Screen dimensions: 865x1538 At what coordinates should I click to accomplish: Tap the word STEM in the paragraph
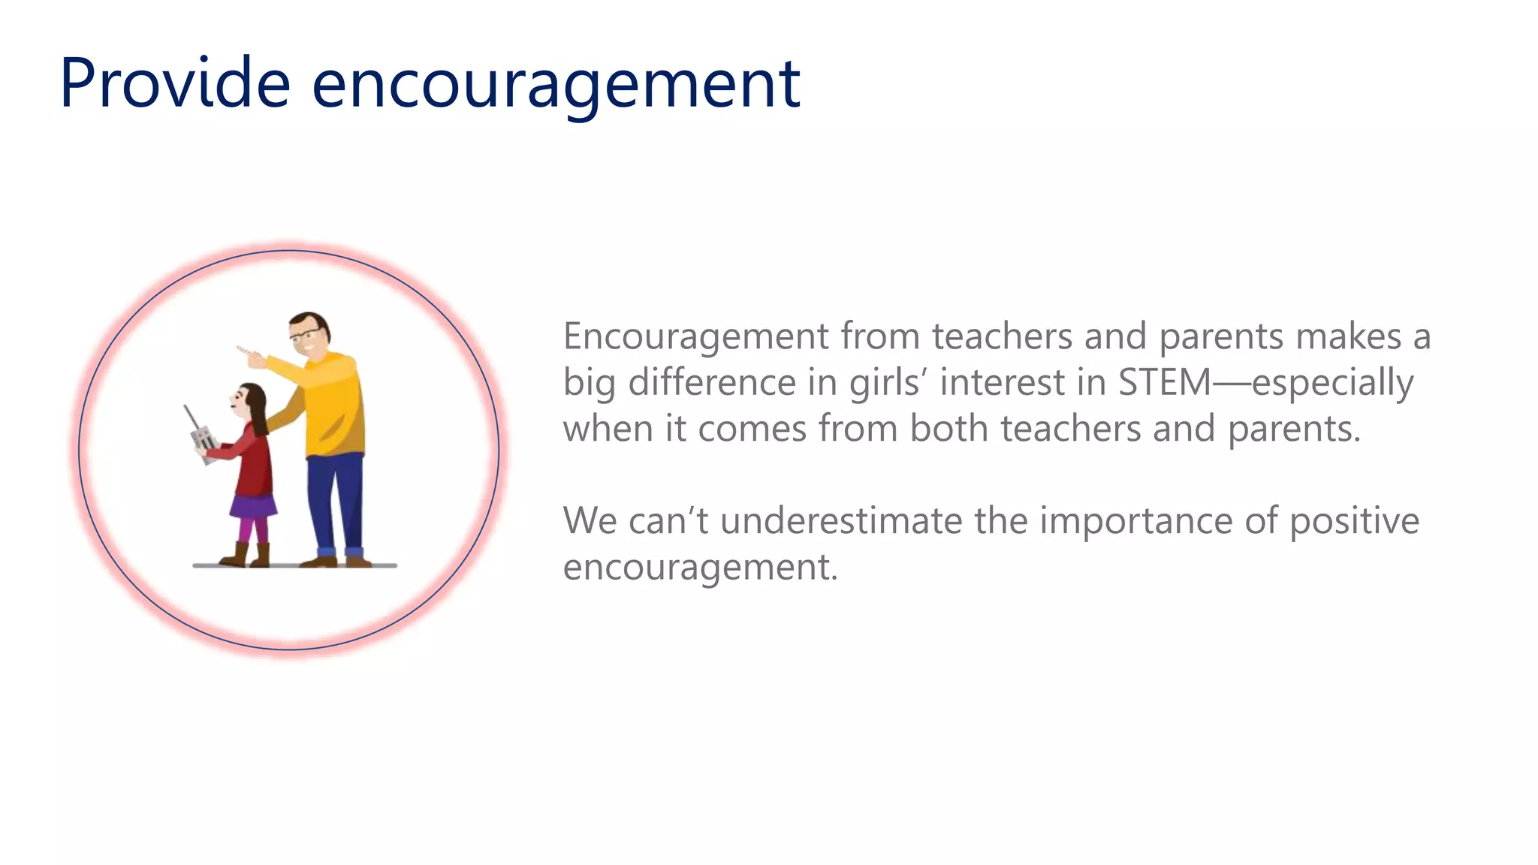pyautogui.click(x=1164, y=382)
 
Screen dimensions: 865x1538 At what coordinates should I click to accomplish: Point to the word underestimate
pyautogui.click(x=841, y=520)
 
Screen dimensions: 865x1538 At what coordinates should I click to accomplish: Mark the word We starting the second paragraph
pyautogui.click(x=590, y=520)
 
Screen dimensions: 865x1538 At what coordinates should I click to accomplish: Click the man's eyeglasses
pyautogui.click(x=303, y=335)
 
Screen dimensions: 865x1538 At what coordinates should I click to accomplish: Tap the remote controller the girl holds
pyautogui.click(x=203, y=443)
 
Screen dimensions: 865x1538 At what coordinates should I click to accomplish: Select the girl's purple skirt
pyautogui.click(x=252, y=507)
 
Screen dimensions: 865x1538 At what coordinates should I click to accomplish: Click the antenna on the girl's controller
pyautogui.click(x=191, y=418)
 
